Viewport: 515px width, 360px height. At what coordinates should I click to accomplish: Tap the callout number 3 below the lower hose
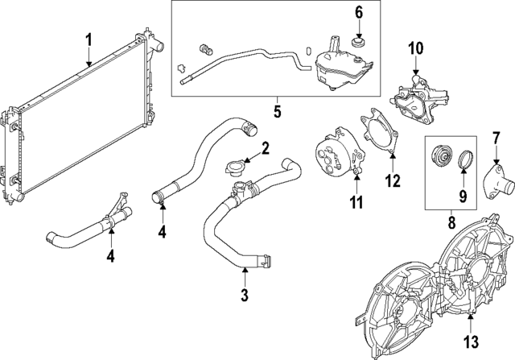244,295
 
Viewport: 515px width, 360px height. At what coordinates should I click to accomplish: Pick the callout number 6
359,12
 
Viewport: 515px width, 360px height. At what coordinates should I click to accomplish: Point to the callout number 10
414,50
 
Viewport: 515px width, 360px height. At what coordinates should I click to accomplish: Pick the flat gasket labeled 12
379,135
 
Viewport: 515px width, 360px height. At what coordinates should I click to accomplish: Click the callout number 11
356,200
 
